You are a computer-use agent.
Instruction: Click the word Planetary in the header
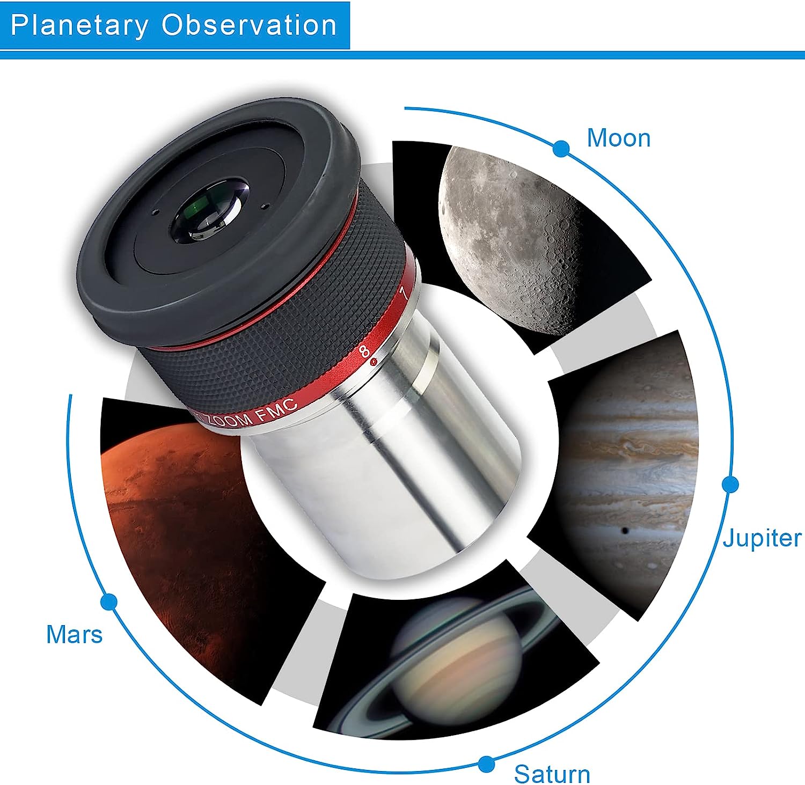coord(79,26)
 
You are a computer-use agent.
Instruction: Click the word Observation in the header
coord(250,25)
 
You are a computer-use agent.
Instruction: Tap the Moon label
coord(619,138)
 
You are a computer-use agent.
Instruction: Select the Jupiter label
coord(762,538)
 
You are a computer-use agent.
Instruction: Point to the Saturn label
coord(552,774)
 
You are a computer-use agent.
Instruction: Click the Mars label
coord(74,634)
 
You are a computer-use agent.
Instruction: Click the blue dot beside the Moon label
coord(561,149)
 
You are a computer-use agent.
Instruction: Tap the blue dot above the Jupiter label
coord(730,485)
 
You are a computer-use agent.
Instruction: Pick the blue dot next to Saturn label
coord(487,764)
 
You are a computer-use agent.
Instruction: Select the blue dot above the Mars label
coord(109,601)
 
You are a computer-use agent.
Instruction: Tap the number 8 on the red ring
coord(364,351)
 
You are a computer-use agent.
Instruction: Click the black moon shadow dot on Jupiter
coord(625,531)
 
